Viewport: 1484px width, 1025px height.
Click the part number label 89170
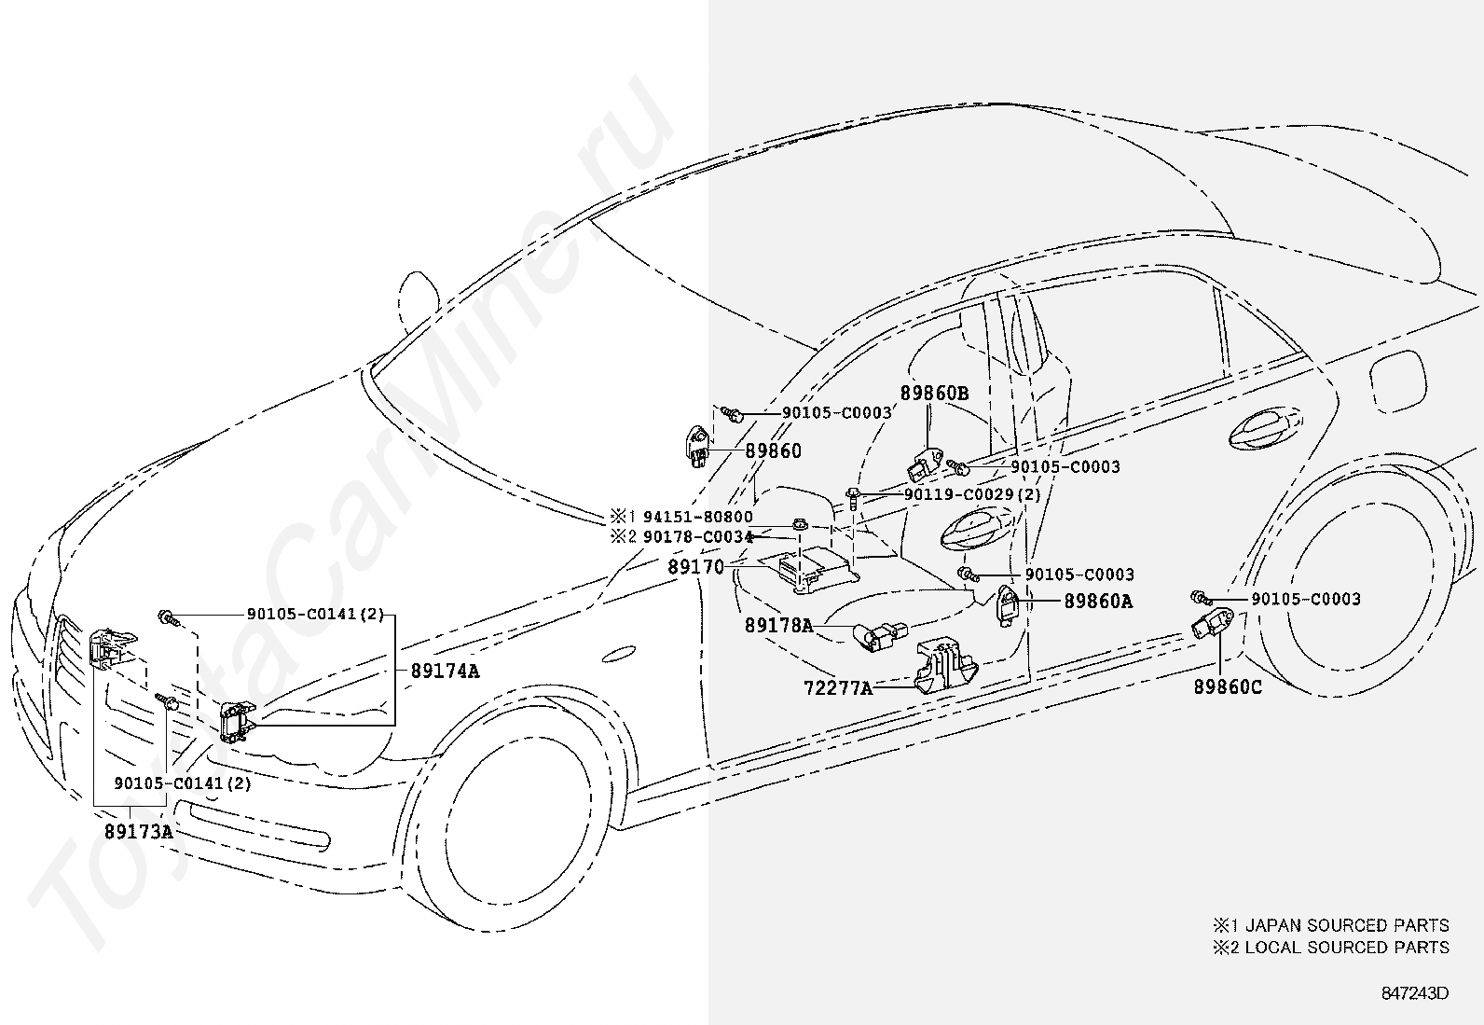[x=695, y=568]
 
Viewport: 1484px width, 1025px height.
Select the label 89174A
[x=445, y=671]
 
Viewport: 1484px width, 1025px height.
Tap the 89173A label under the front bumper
[x=139, y=831]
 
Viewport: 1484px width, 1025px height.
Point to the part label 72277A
[x=838, y=688]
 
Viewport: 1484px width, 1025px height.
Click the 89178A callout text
[x=779, y=625]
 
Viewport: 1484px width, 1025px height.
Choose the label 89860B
[x=934, y=394]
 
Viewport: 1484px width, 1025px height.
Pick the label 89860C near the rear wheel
[x=1228, y=686]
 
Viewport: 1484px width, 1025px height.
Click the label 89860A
[x=1098, y=602]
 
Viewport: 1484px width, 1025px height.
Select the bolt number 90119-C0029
[x=958, y=494]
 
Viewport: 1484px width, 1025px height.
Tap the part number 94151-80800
[x=697, y=517]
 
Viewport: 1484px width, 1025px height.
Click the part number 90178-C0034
[x=697, y=537]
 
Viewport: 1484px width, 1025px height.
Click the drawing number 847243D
[x=1415, y=993]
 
